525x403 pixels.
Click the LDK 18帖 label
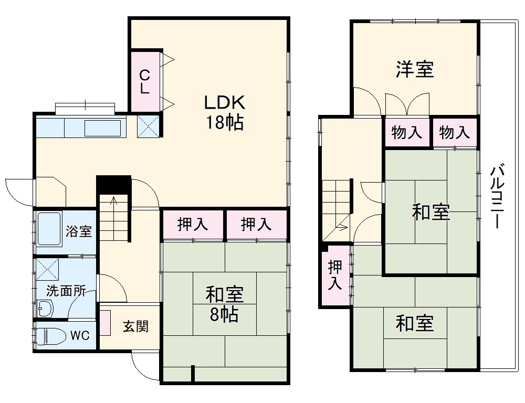pos(224,112)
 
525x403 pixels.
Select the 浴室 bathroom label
pos(79,231)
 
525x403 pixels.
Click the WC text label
pos(80,335)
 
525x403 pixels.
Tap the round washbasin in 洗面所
pos(45,309)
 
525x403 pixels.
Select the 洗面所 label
pos(66,291)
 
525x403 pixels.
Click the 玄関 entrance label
pos(135,326)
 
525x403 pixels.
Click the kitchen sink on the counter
pos(103,128)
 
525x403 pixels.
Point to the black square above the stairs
pos(113,184)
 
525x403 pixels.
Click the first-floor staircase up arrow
pos(113,202)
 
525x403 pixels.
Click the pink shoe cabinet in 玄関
pos(106,323)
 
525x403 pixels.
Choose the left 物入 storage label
pos(407,132)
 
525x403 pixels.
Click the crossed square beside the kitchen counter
pos(148,126)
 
